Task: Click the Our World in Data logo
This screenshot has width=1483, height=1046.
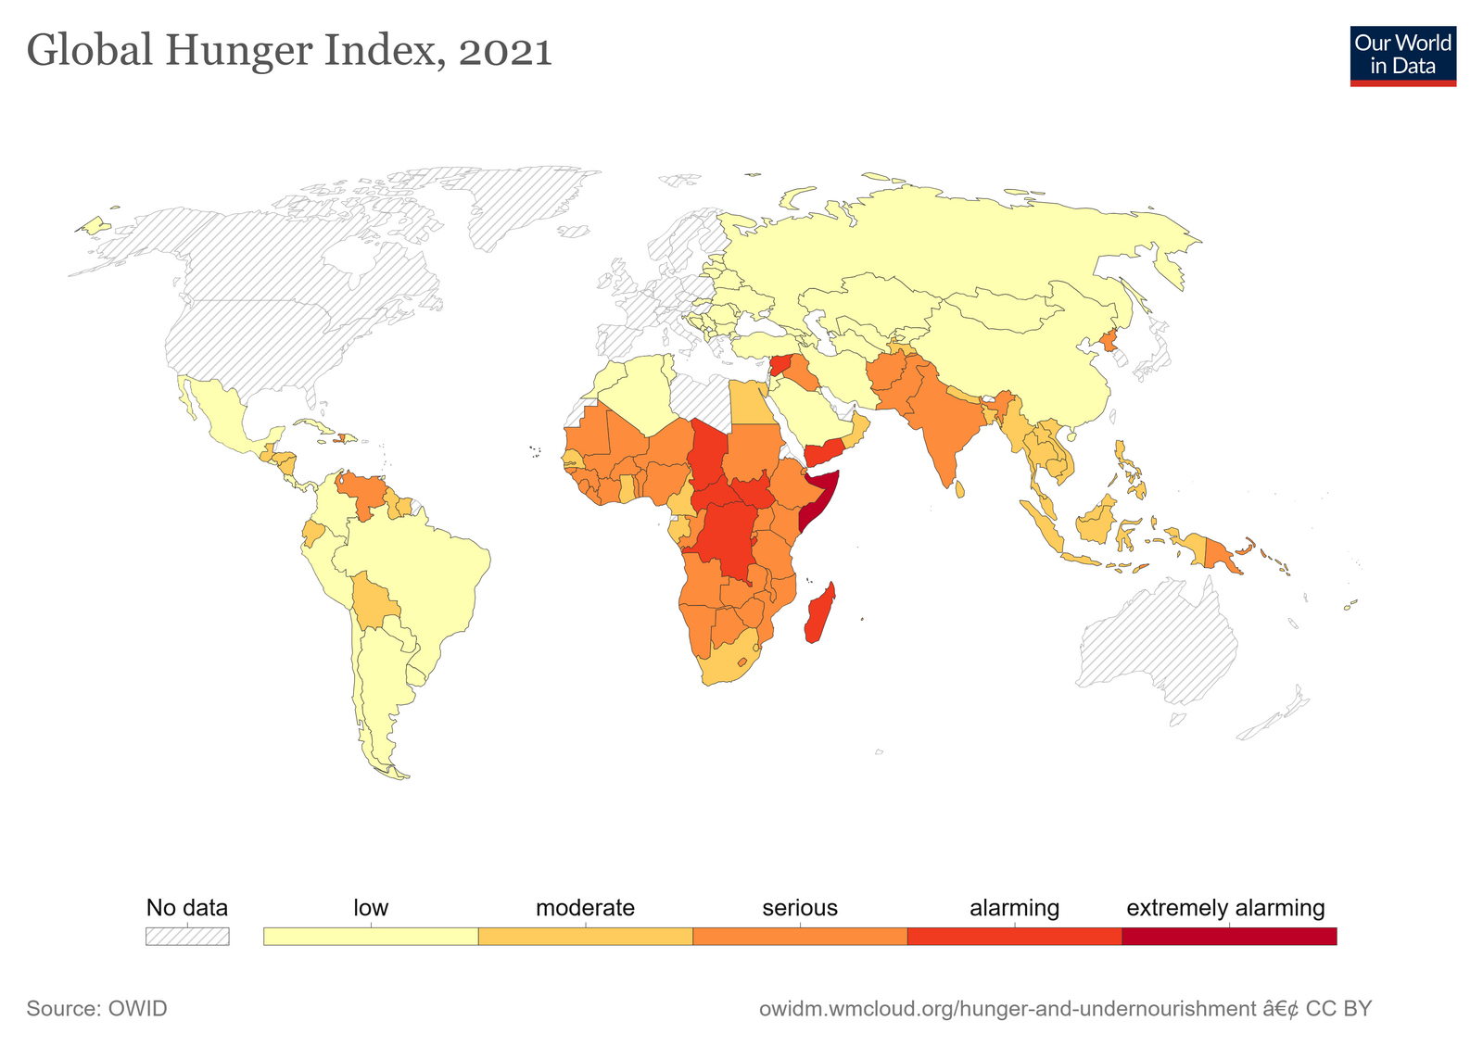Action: (1402, 56)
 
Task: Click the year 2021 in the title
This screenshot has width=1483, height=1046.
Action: (505, 51)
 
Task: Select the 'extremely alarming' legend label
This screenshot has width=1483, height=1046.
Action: (1225, 908)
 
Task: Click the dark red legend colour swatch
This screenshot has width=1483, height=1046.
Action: (1229, 937)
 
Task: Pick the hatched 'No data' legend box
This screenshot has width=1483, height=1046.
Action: (187, 937)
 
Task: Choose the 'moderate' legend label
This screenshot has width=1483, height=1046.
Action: (585, 908)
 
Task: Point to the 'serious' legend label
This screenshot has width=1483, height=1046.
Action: (800, 908)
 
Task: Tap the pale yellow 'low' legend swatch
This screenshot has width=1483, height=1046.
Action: (371, 937)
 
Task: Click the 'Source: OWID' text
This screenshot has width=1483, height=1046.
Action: (97, 1008)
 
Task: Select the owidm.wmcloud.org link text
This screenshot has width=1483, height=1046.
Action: (1007, 1008)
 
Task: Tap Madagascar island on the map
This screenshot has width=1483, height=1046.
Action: (819, 613)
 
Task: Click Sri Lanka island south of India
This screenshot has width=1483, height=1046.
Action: (960, 488)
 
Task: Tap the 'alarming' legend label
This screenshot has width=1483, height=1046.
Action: (1014, 908)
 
